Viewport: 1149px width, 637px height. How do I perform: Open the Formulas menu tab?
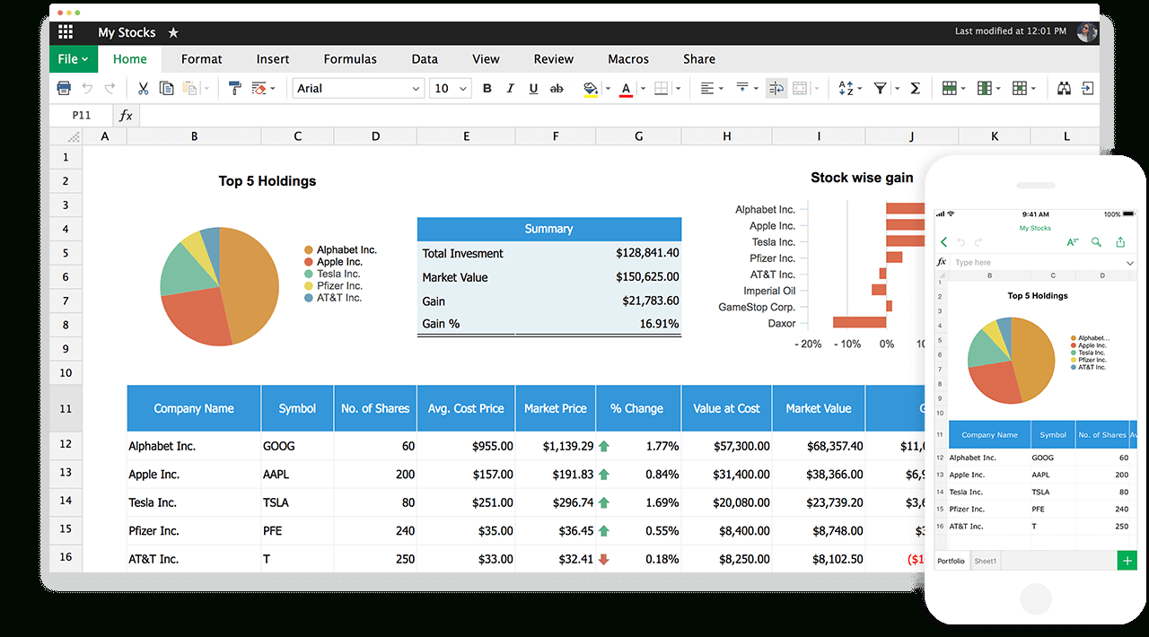(350, 59)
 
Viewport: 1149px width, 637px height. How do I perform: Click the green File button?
(73, 59)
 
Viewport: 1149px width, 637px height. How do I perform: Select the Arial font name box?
(357, 88)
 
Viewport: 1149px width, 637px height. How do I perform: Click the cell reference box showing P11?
(82, 115)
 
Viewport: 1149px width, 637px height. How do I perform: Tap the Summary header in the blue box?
(548, 229)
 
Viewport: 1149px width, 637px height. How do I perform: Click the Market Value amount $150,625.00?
(647, 277)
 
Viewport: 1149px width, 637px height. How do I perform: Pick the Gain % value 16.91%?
(659, 324)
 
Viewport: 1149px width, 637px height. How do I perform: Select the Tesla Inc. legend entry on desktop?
(338, 274)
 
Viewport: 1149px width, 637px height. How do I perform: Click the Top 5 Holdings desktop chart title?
(268, 181)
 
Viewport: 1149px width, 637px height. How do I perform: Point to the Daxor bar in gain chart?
(859, 322)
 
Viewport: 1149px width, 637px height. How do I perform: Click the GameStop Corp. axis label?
(757, 307)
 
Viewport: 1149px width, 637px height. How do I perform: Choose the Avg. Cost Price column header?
(466, 408)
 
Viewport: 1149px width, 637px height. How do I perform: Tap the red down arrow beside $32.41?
(603, 559)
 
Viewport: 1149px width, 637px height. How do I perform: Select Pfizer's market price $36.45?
(568, 530)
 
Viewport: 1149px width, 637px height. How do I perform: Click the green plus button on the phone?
(1126, 561)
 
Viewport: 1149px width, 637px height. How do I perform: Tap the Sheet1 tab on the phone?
(986, 561)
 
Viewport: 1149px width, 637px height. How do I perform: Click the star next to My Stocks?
(173, 32)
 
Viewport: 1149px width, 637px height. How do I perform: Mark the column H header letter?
(726, 136)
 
